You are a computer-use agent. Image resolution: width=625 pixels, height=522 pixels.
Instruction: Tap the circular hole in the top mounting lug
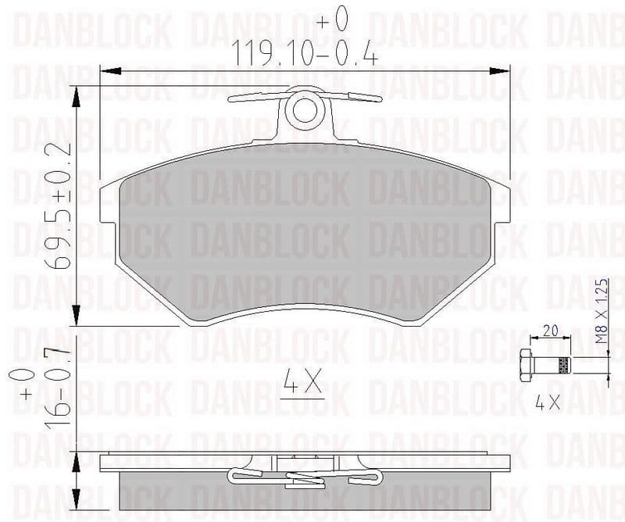305,110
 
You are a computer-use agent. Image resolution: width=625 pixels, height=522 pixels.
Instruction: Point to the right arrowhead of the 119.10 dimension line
503,72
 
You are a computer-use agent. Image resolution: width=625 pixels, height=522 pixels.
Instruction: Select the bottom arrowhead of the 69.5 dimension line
77,319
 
